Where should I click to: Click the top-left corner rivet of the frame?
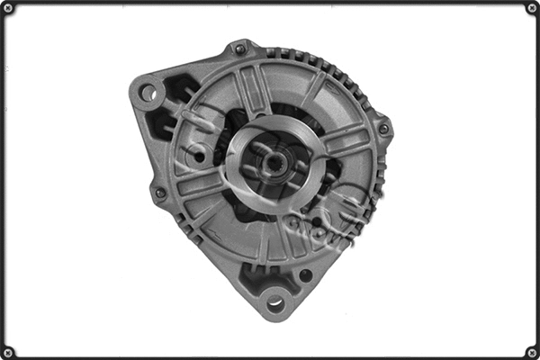click(8, 8)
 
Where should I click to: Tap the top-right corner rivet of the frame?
click(532, 8)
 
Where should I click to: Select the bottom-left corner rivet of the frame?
click(8, 352)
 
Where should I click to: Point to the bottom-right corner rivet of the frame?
click(532, 352)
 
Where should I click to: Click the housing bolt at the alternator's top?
click(239, 49)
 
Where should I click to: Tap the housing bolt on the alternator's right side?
click(383, 129)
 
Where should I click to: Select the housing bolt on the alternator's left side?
click(160, 193)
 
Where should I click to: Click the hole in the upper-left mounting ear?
click(148, 92)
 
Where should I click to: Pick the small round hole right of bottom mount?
click(306, 275)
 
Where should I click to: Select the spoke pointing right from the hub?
click(346, 142)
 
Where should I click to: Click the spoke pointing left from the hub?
click(200, 184)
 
